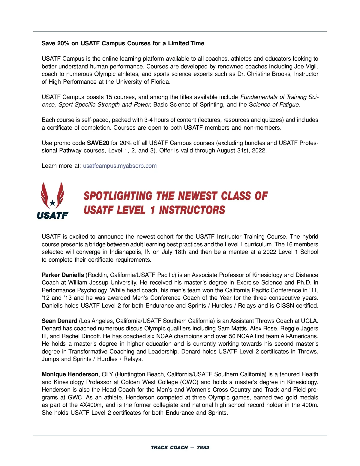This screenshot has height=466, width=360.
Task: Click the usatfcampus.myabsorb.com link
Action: tap(120, 166)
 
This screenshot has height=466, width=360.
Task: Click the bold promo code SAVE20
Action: tap(98, 143)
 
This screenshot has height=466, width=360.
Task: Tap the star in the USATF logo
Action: tap(52, 203)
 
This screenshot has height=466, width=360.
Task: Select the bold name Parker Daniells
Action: tap(63, 275)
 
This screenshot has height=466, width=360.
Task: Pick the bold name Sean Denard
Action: tap(59, 321)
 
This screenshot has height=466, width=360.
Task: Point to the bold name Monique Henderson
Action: tap(70, 374)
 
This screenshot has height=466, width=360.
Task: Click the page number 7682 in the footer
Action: tap(203, 448)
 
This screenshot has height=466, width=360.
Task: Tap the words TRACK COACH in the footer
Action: tap(169, 448)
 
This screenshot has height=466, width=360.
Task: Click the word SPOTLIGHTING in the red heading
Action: tap(118, 196)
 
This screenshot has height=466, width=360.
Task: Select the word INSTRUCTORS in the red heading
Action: tap(192, 210)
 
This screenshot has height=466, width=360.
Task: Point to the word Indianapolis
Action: tap(127, 252)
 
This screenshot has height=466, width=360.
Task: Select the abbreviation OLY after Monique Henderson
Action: tap(107, 374)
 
